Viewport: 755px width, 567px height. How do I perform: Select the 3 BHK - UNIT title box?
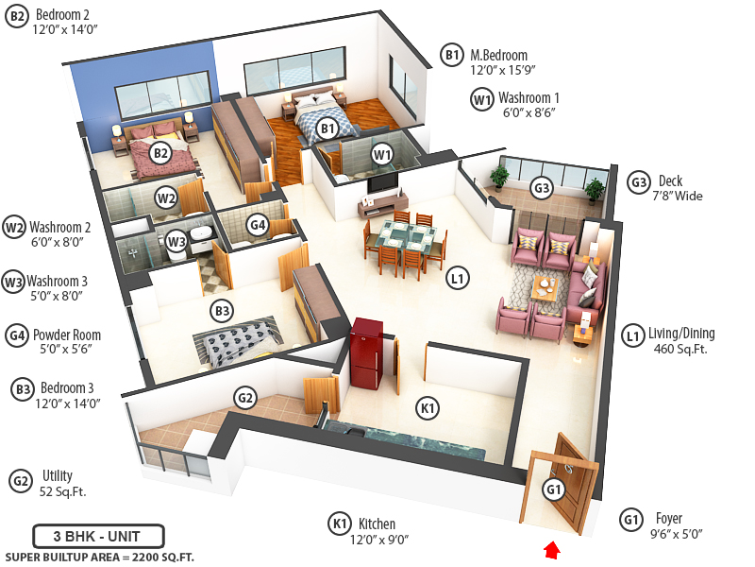98,536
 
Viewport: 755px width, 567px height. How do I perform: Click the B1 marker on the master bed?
327,129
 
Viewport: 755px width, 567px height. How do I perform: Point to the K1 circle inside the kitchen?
428,408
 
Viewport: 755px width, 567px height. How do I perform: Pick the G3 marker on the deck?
541,187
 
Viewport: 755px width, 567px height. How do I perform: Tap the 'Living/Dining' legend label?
681,333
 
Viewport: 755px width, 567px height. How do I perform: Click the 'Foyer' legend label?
671,518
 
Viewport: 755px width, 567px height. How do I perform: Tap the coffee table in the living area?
545,285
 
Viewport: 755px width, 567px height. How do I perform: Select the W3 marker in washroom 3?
176,241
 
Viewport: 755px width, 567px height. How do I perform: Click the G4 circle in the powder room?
258,224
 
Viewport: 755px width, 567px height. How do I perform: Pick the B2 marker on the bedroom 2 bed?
160,151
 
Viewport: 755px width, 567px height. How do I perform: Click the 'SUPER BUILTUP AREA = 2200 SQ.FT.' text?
99,557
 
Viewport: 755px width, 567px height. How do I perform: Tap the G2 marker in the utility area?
245,398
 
